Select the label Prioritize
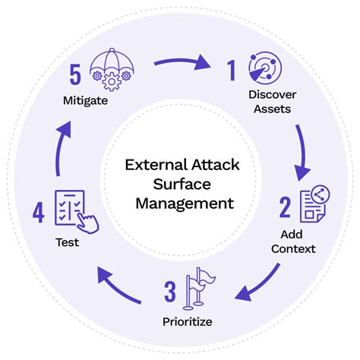188,321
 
